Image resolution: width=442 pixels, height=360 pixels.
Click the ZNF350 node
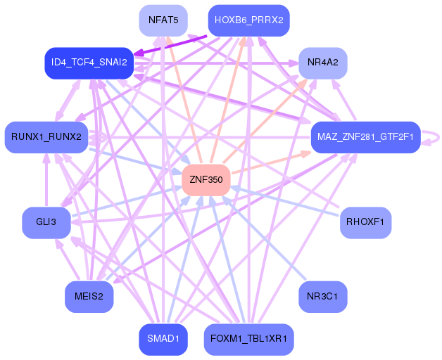[206, 180]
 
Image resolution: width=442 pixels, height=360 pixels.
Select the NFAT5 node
[163, 20]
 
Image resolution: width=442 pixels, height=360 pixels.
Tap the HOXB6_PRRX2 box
[248, 20]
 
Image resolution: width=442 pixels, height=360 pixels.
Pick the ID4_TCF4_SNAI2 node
[89, 63]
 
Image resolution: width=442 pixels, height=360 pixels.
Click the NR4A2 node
[323, 63]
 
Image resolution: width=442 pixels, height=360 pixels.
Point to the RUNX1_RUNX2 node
[46, 136]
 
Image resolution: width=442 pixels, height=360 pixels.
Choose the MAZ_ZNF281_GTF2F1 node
[365, 136]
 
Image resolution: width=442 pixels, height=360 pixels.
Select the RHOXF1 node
[365, 222]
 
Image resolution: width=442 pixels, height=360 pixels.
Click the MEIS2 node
[89, 297]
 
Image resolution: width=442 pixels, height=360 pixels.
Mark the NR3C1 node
[322, 297]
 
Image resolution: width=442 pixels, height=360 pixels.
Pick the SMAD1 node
[163, 339]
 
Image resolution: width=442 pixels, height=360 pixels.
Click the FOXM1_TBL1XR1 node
[248, 339]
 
